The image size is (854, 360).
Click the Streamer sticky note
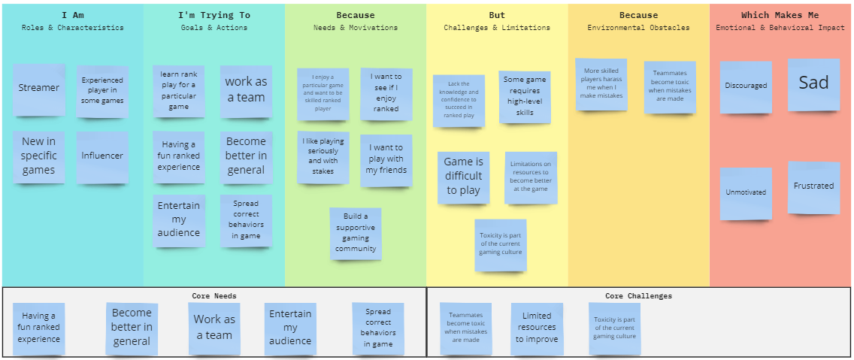(39, 89)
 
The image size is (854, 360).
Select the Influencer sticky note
(102, 157)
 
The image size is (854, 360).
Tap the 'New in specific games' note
(38, 156)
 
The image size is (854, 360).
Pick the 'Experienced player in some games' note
(102, 91)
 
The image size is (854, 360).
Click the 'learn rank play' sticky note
(178, 91)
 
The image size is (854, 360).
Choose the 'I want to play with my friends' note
(386, 160)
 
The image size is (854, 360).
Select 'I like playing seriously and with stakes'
(323, 156)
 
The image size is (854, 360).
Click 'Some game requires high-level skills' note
(525, 97)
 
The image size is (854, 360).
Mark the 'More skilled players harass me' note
(601, 84)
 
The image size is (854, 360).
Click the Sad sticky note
(813, 83)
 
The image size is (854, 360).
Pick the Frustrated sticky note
(813, 186)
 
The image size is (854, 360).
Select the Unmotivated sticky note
(746, 193)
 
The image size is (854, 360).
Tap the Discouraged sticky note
(746, 86)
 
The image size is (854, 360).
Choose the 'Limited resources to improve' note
(537, 328)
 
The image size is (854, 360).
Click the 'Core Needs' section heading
(214, 295)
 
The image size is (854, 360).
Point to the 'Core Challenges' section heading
(638, 295)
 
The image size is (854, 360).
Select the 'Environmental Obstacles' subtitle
(638, 28)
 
